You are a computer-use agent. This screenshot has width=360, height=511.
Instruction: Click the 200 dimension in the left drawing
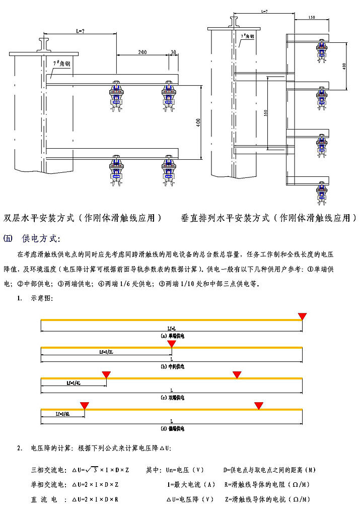142,52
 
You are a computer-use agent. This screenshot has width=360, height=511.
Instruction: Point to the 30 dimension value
174,52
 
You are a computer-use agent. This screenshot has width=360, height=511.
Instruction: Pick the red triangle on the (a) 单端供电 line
302,316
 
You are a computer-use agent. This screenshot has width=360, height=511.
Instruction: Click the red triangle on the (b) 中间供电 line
172,344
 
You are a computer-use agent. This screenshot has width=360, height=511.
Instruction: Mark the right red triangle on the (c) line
237,374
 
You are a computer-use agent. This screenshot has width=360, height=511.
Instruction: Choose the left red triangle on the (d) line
85,405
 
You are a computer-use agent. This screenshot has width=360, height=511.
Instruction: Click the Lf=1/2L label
103,353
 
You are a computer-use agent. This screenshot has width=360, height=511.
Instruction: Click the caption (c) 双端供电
173,398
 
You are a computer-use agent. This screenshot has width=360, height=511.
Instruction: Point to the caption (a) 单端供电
173,336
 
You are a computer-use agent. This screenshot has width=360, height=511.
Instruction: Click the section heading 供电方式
42,238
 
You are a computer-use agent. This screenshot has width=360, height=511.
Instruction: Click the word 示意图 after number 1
41,298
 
